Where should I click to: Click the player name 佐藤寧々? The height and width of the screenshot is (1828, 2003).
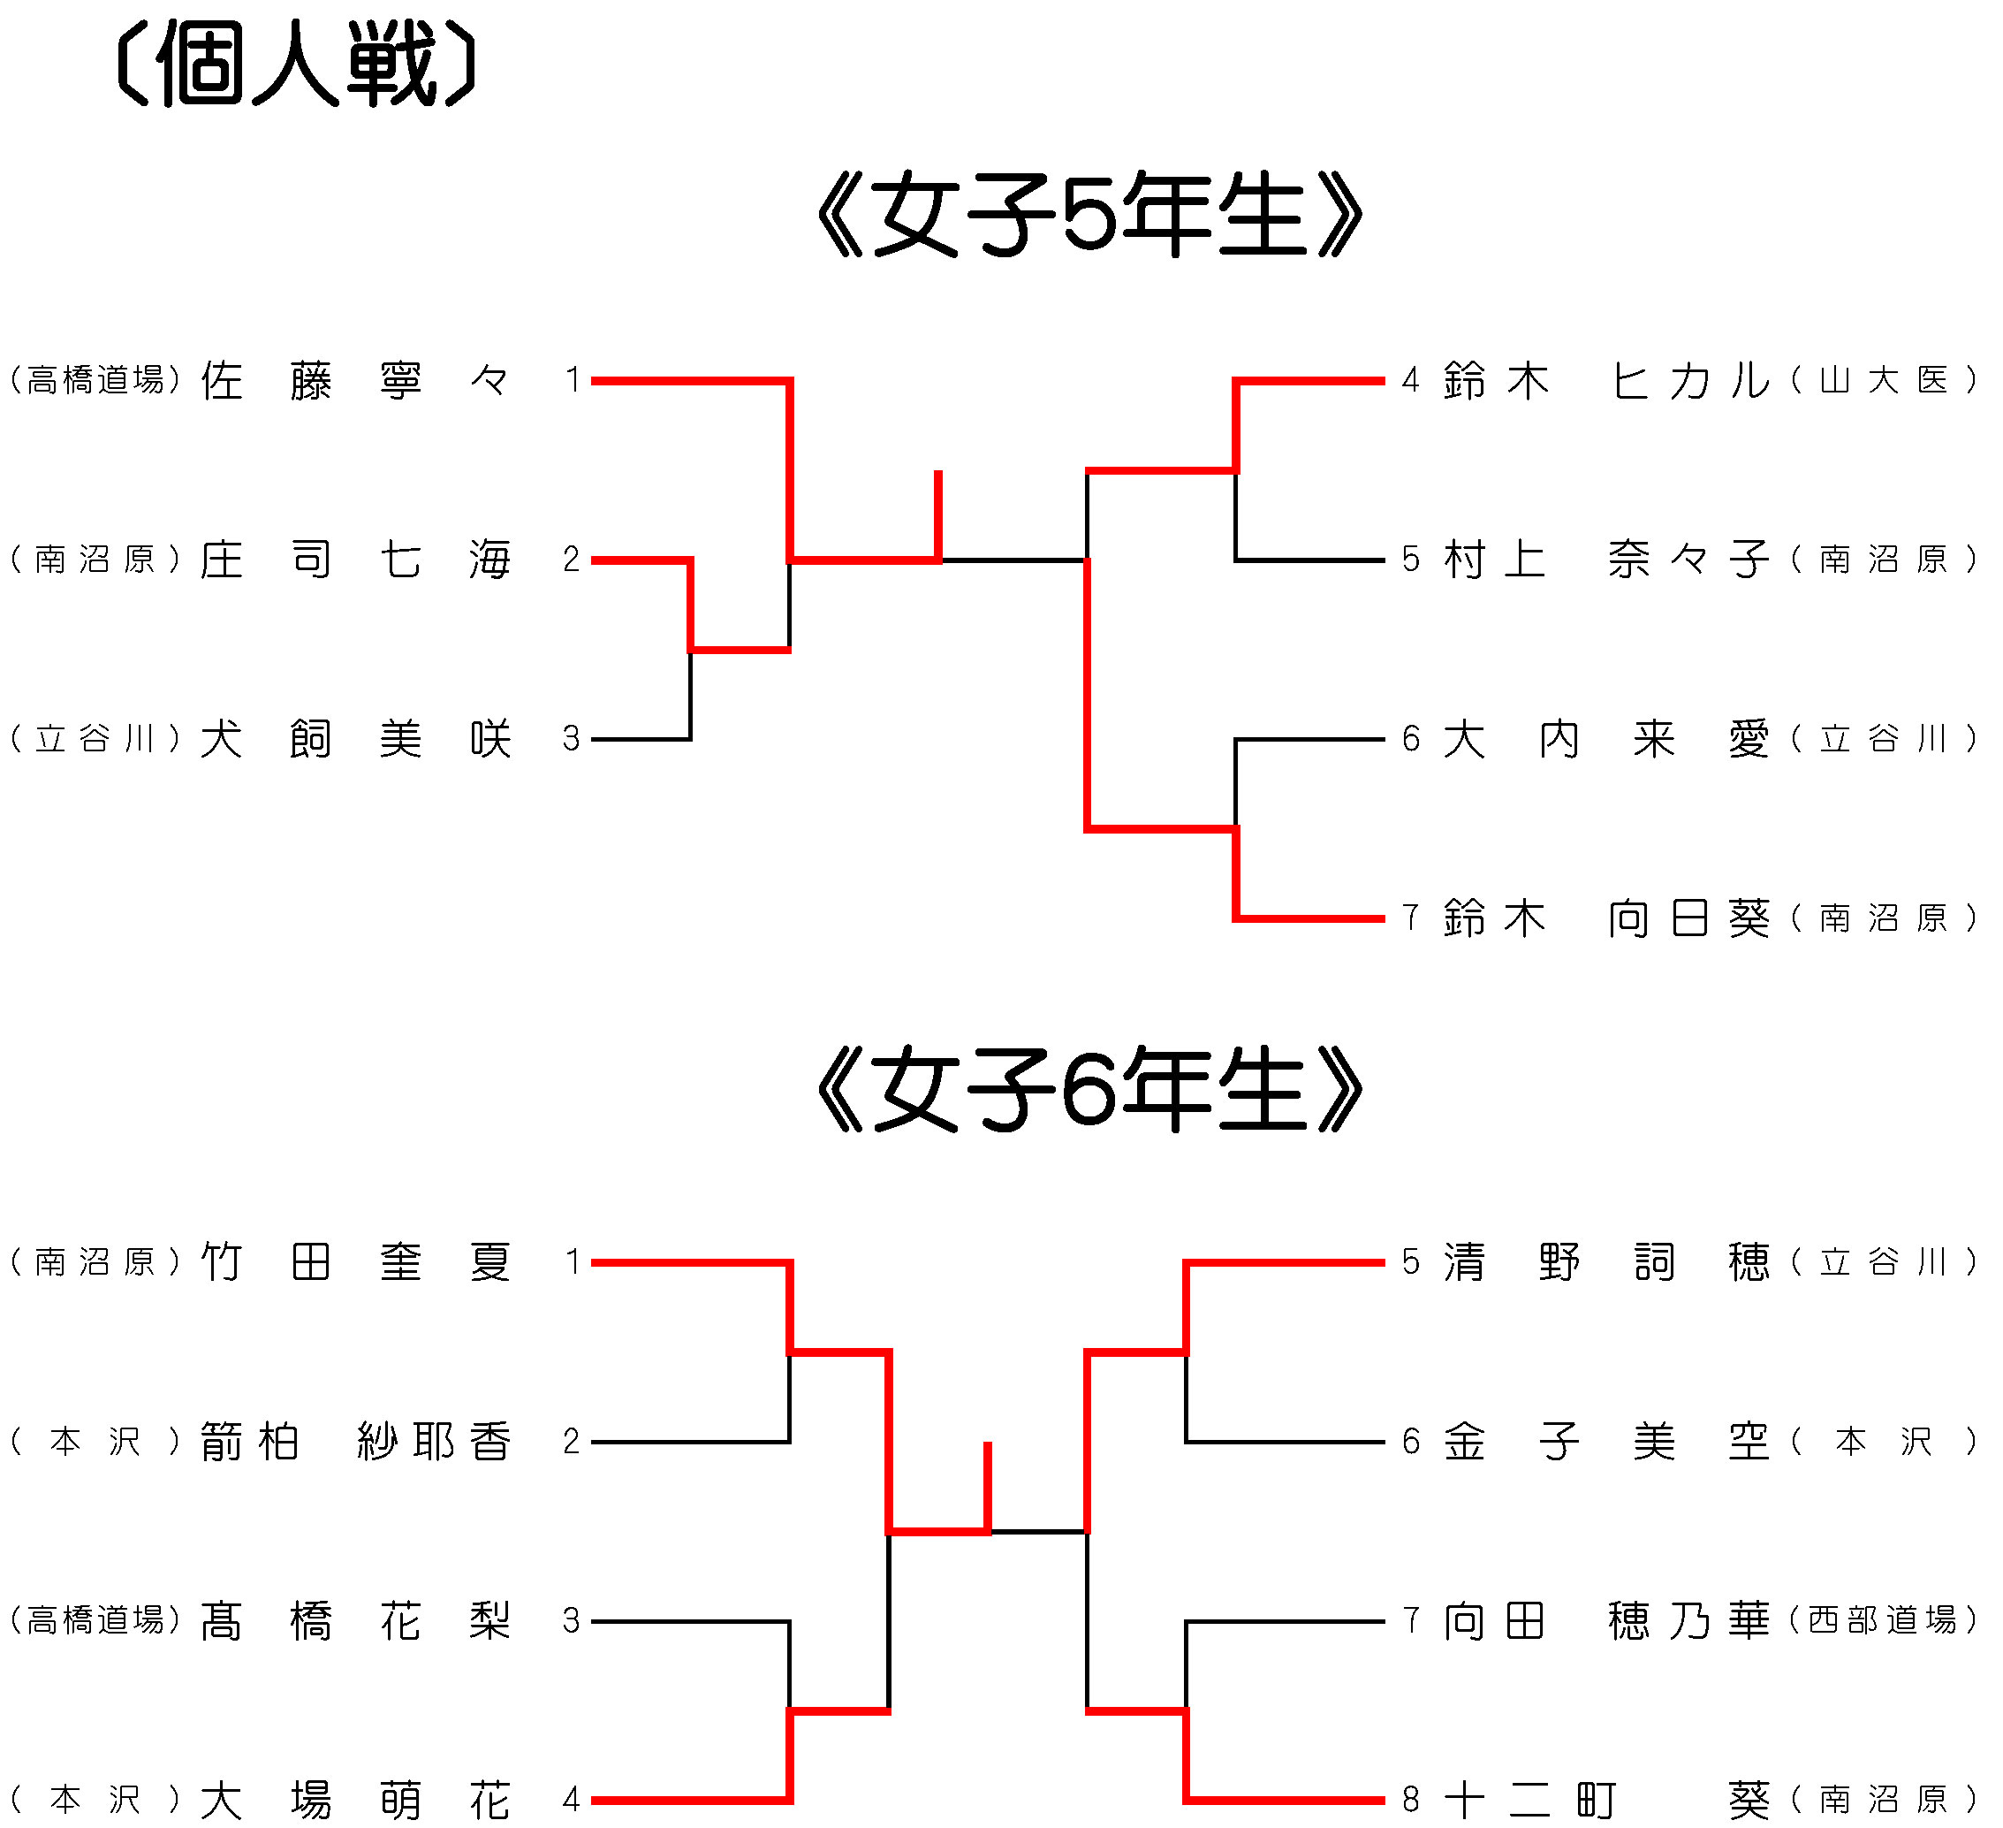(x=356, y=381)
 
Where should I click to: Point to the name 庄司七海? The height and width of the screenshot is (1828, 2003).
(x=356, y=560)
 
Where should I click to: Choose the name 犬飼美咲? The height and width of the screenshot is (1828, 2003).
(x=356, y=740)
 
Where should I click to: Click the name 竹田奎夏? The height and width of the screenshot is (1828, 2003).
(x=356, y=1263)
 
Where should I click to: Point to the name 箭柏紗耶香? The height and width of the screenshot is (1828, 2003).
(x=356, y=1443)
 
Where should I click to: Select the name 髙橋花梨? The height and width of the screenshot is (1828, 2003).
(x=356, y=1622)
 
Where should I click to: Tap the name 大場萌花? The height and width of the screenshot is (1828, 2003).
(x=356, y=1801)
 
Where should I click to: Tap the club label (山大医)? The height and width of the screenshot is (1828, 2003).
(x=1885, y=381)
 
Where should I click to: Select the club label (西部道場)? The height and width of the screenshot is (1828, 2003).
(x=1885, y=1622)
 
